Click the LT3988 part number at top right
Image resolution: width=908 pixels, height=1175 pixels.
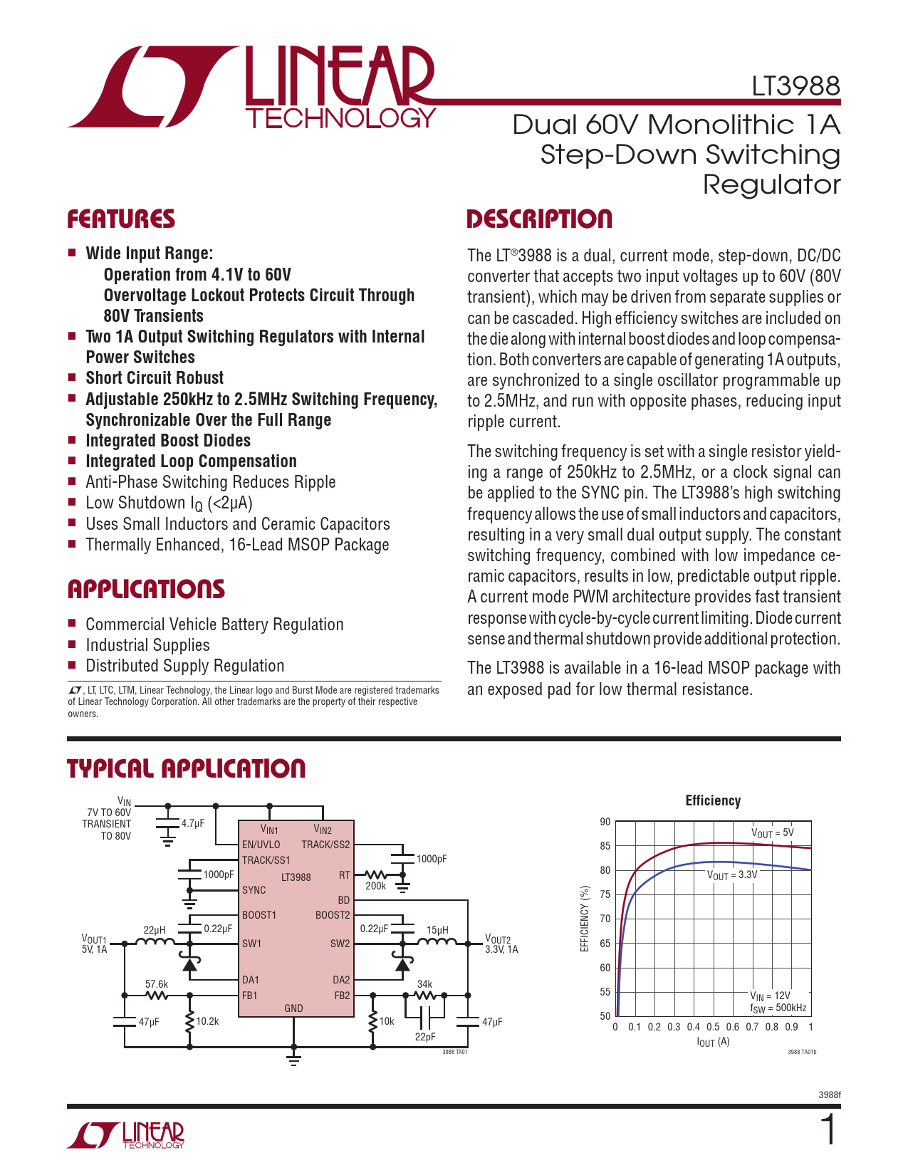point(795,86)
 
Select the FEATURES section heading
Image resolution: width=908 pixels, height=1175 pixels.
point(121,219)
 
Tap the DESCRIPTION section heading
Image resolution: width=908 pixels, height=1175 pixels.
point(539,219)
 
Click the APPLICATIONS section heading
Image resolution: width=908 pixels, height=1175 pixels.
point(146,590)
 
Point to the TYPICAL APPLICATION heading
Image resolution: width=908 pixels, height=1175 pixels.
point(186,769)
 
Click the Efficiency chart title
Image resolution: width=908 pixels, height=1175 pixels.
point(713,800)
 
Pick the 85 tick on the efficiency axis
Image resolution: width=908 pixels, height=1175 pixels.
point(605,846)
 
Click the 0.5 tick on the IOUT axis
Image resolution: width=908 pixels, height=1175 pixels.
point(713,1027)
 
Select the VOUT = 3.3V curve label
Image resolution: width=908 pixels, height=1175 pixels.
point(732,874)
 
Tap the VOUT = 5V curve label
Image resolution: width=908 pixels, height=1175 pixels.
point(772,832)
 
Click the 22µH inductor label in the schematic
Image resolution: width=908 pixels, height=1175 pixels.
point(155,930)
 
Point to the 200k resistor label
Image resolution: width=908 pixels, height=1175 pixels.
point(375,886)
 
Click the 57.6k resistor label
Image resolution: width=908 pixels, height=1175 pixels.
point(157,984)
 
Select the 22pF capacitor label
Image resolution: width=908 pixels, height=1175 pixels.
point(425,1037)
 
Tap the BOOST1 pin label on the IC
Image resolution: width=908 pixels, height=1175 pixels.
point(259,915)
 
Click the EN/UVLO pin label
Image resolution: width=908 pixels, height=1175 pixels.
point(261,845)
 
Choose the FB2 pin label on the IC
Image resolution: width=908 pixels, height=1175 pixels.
point(342,996)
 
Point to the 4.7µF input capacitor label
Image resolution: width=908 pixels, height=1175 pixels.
point(192,823)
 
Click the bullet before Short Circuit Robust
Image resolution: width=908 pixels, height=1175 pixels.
point(72,377)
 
